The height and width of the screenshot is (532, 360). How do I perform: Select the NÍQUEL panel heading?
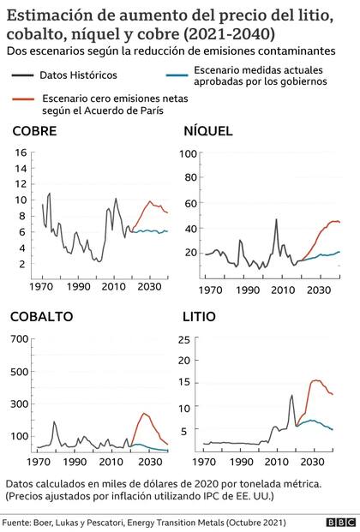[209, 131]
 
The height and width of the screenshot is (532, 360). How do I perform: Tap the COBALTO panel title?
[41, 316]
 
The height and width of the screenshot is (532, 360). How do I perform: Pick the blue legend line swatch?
[177, 75]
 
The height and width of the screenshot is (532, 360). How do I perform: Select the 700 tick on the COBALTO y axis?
[19, 338]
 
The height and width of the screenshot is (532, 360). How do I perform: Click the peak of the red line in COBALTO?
[144, 414]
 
